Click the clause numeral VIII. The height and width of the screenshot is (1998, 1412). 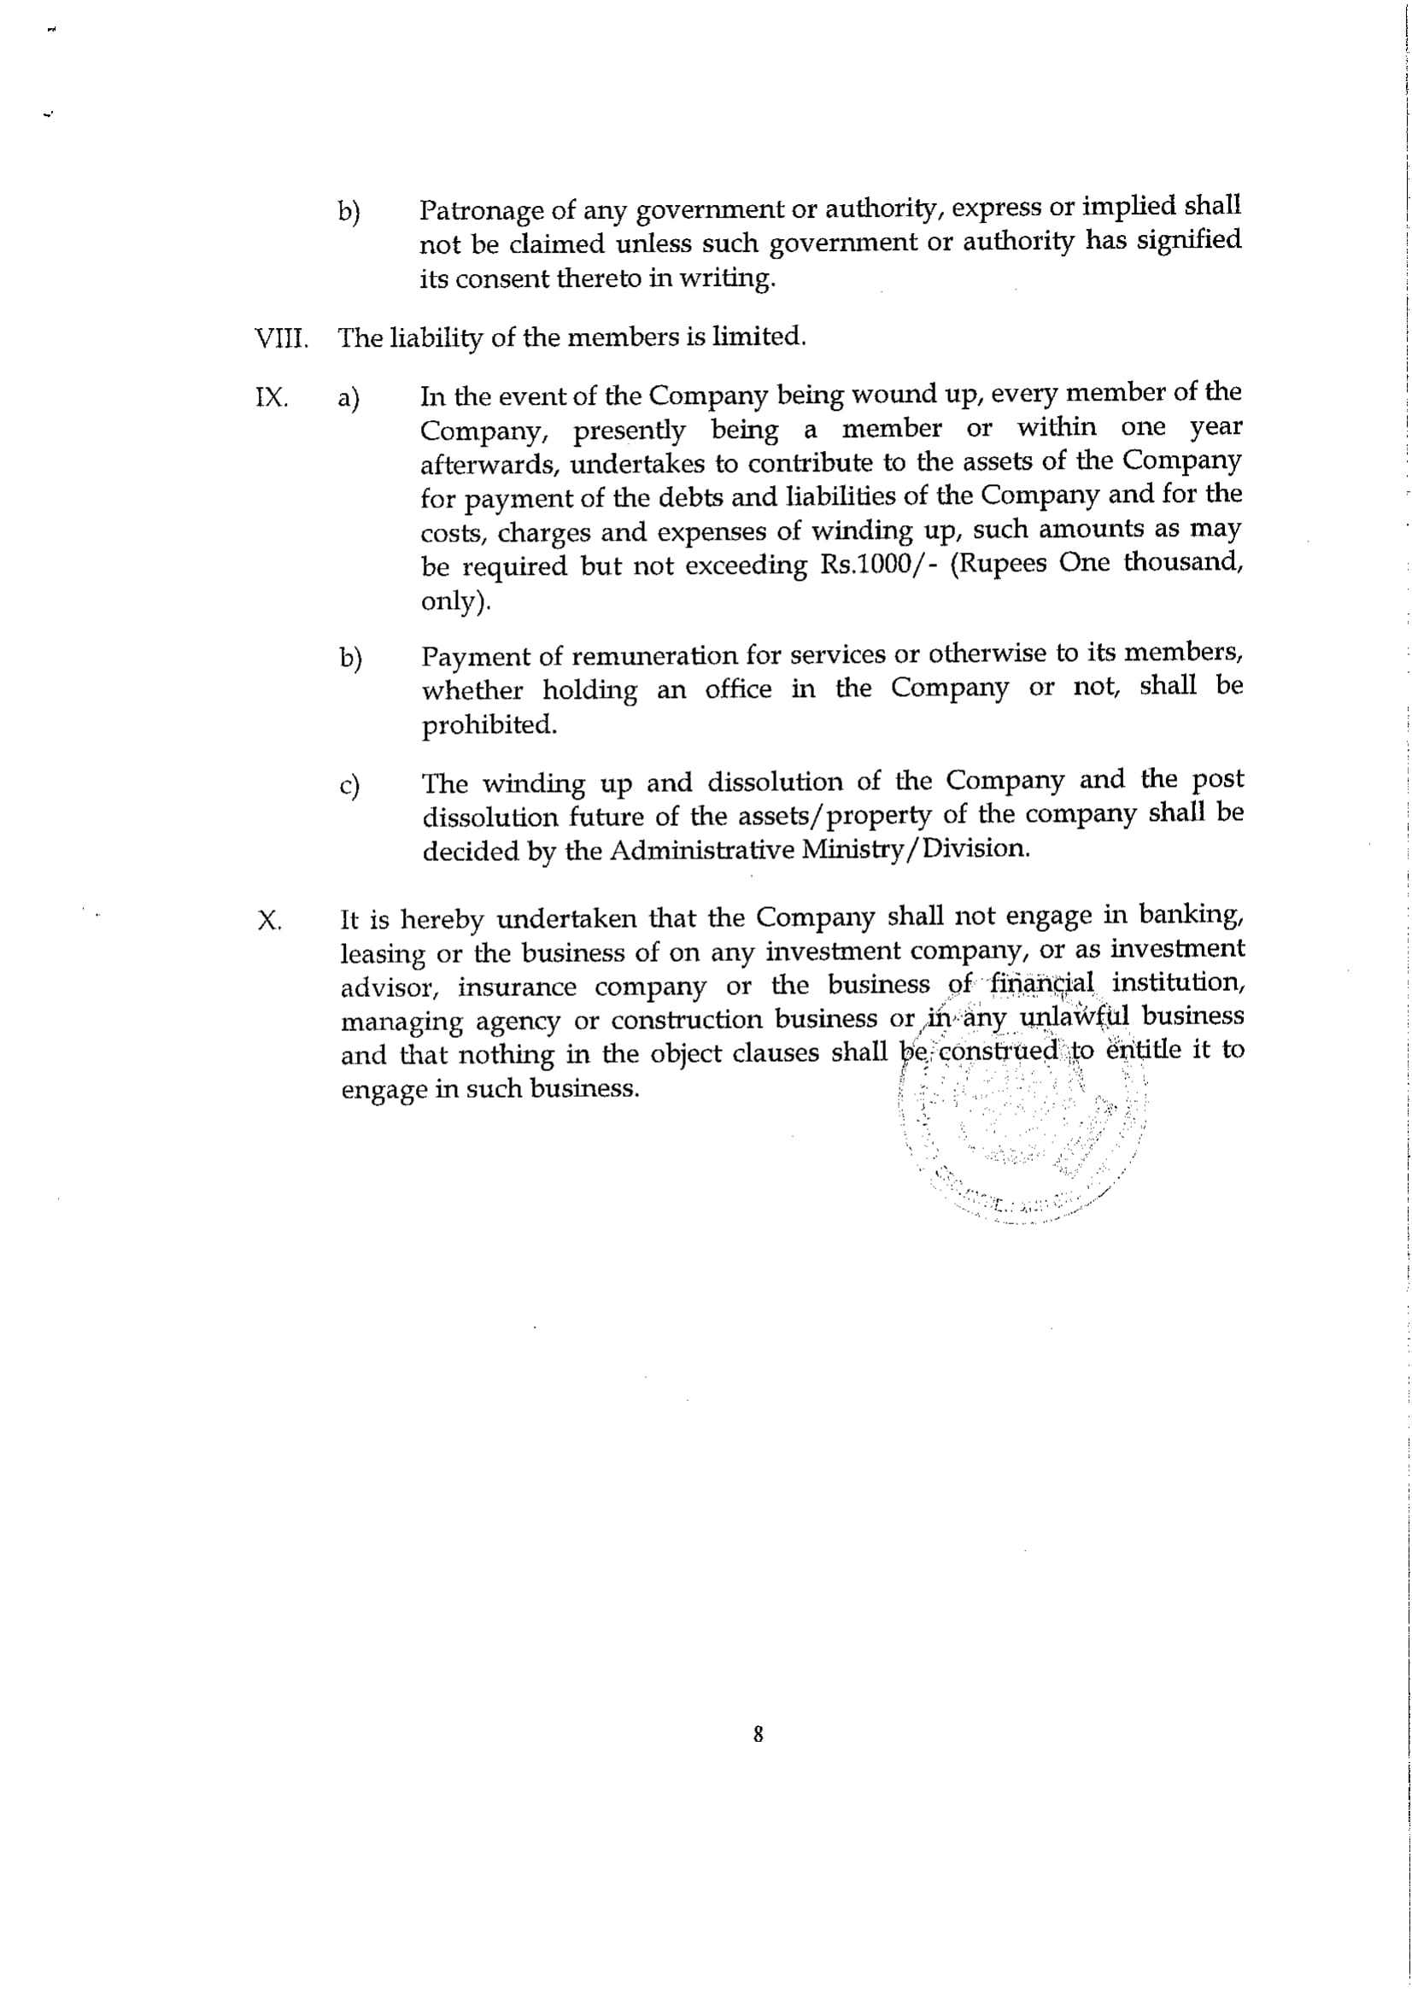coord(280,337)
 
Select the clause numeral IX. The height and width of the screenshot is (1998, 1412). coord(271,398)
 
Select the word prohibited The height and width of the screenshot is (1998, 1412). coord(489,725)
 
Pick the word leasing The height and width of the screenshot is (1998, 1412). coord(382,955)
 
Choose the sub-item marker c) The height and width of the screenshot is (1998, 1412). coord(349,786)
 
